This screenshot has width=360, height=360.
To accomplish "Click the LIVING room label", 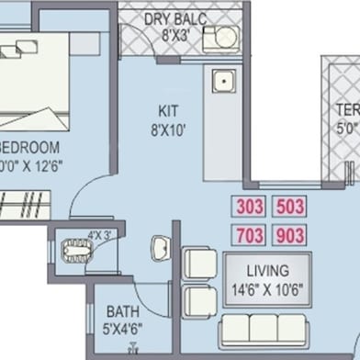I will [268, 271].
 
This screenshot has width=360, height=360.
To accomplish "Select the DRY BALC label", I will [174, 20].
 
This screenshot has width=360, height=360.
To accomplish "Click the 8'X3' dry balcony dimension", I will [174, 37].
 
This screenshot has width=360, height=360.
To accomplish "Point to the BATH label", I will [122, 312].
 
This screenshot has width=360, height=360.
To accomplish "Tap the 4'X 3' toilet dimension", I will [98, 235].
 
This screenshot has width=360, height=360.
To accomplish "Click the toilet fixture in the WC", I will [72, 248].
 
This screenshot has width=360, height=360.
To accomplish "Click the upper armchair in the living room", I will [199, 263].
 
